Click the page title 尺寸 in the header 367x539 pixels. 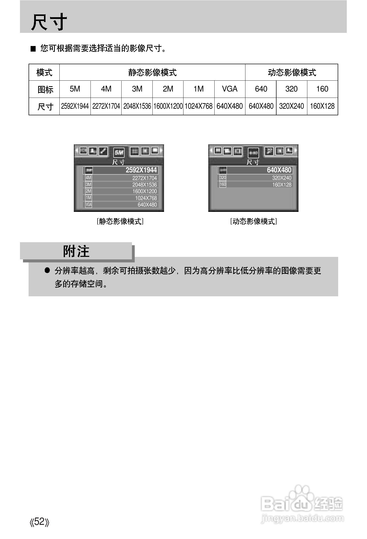click(49, 22)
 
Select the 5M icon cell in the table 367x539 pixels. click(75, 89)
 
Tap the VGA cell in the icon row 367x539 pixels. click(230, 89)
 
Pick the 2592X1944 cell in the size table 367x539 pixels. click(75, 106)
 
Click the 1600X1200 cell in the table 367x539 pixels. click(168, 106)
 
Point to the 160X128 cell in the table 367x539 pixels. click(322, 106)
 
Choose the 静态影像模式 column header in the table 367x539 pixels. click(152, 73)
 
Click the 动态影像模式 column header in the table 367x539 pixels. click(292, 73)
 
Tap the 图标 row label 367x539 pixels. click(45, 89)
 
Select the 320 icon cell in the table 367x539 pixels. click(291, 89)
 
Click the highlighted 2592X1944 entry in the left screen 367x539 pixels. click(141, 170)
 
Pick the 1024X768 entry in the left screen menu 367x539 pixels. click(146, 198)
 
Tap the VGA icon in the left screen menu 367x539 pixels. click(88, 205)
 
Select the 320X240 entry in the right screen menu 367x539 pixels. click(282, 178)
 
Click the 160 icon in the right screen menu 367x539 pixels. click(223, 184)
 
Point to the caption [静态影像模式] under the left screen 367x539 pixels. click(120, 221)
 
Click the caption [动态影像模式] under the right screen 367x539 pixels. click(254, 221)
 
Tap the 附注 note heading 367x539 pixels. click(76, 251)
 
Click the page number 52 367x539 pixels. click(39, 522)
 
